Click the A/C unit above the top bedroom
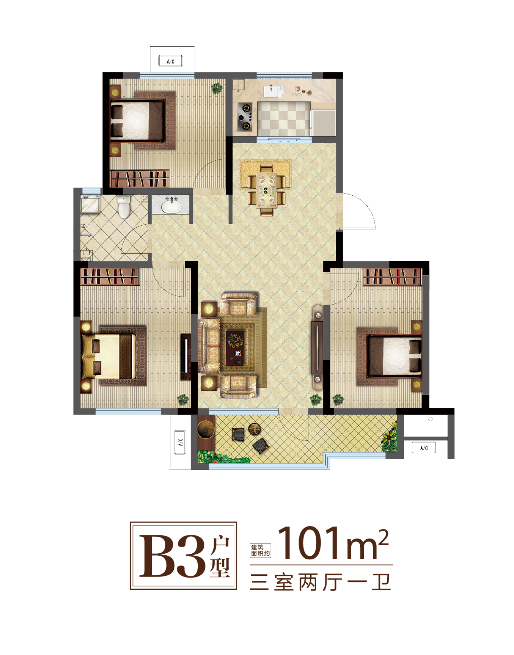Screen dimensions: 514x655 click(171, 61)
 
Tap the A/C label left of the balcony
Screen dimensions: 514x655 click(180, 442)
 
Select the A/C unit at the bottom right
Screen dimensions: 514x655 click(424, 448)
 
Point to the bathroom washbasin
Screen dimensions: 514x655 click(172, 206)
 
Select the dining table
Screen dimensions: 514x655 click(267, 189)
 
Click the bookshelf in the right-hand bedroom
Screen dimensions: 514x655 click(392, 276)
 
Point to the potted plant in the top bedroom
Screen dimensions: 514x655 click(216, 88)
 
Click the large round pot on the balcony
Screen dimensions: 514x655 click(206, 428)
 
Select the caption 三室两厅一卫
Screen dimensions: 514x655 click(321, 582)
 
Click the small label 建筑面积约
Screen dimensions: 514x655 click(260, 550)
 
